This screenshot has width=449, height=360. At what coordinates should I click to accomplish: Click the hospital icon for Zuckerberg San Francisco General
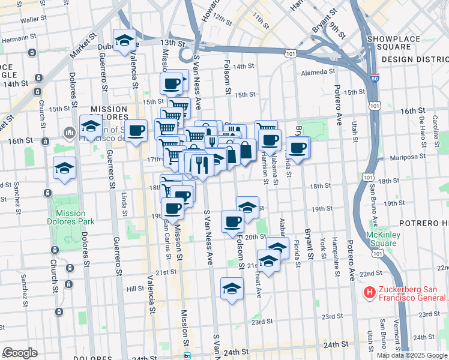tap(370, 293)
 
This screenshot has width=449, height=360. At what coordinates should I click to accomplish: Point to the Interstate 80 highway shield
tap(375, 78)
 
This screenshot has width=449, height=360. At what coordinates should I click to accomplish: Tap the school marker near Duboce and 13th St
tap(124, 41)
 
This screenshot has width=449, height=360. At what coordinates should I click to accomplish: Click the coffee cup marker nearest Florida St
tap(297, 147)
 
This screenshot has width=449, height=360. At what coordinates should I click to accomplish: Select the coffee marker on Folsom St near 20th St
tap(232, 221)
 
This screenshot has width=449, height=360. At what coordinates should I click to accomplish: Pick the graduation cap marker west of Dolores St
tap(64, 169)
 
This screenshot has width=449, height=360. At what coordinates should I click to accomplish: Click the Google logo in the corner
tap(20, 352)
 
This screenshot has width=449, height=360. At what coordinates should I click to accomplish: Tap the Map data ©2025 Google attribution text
tap(412, 355)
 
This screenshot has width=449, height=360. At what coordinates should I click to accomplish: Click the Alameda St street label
tap(318, 72)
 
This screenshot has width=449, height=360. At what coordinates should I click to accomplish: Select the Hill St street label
tap(135, 289)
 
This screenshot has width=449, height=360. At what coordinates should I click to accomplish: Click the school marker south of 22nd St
tap(232, 289)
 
